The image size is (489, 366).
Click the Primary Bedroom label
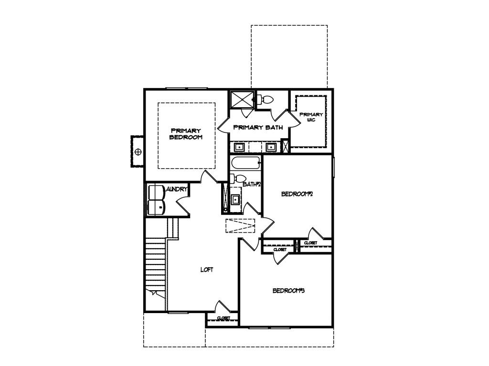(x=186, y=134)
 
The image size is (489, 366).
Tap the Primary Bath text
(x=258, y=127)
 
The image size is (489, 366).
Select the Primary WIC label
(x=311, y=117)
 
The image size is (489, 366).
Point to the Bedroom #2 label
(x=297, y=194)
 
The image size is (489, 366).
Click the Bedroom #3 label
(x=288, y=291)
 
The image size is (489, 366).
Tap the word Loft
(x=206, y=270)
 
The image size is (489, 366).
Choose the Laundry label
(x=176, y=190)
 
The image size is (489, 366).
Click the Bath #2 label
(x=252, y=184)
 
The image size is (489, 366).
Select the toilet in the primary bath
(x=266, y=100)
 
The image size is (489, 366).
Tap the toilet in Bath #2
(x=235, y=179)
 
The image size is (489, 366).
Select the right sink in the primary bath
(x=271, y=146)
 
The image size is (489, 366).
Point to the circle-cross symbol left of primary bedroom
(x=138, y=152)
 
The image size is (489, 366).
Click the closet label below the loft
(x=223, y=318)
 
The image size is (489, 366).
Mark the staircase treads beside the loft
(x=155, y=264)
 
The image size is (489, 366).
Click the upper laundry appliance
(x=156, y=192)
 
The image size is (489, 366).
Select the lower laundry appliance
(x=156, y=207)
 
